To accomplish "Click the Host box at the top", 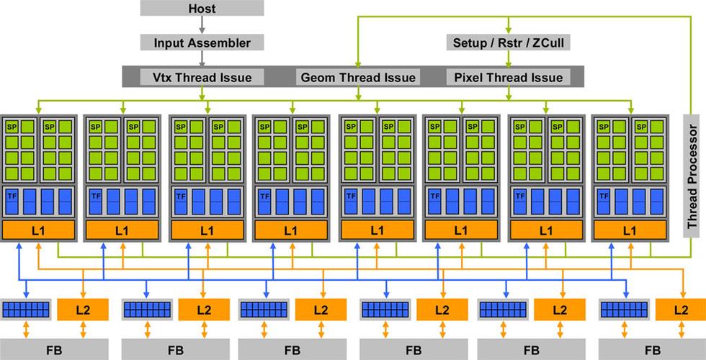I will point(201,9).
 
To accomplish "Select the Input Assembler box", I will point(202,42).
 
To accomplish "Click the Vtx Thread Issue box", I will point(202,77).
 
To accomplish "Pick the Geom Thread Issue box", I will point(357,77).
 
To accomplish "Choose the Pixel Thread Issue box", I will point(509,77).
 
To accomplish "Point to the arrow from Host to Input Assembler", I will point(202,25).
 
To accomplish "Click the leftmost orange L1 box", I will point(40,231).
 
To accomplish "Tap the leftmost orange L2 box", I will point(83,310).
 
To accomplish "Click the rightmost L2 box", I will point(681,310).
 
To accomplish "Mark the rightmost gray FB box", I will point(652,351).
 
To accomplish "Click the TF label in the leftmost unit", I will point(12,195).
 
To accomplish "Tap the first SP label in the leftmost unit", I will point(12,127).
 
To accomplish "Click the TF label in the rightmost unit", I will point(602,195).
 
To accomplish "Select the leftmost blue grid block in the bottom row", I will point(27,310).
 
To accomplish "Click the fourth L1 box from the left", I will point(290,231).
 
